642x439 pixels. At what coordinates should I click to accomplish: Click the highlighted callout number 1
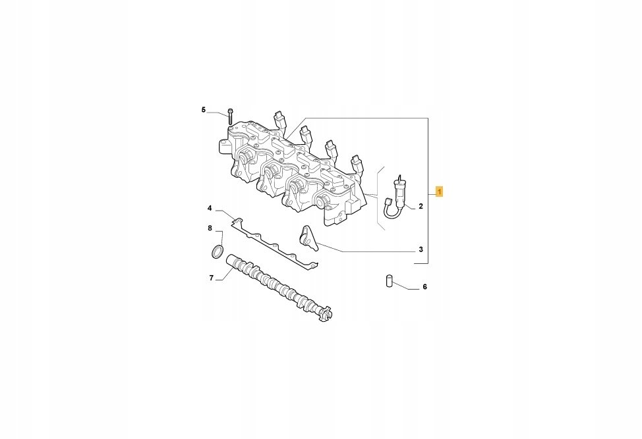[439, 192]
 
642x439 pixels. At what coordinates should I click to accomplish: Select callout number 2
[421, 207]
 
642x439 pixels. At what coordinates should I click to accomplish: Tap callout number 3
[421, 249]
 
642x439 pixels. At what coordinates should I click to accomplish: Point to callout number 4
[210, 209]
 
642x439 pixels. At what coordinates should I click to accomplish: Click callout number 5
[204, 109]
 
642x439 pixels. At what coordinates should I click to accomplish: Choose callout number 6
[424, 287]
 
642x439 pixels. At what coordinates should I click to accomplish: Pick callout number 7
[212, 278]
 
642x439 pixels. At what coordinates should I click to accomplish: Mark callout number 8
[210, 228]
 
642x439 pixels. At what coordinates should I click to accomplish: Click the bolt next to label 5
[229, 116]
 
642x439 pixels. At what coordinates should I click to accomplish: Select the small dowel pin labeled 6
[390, 282]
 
